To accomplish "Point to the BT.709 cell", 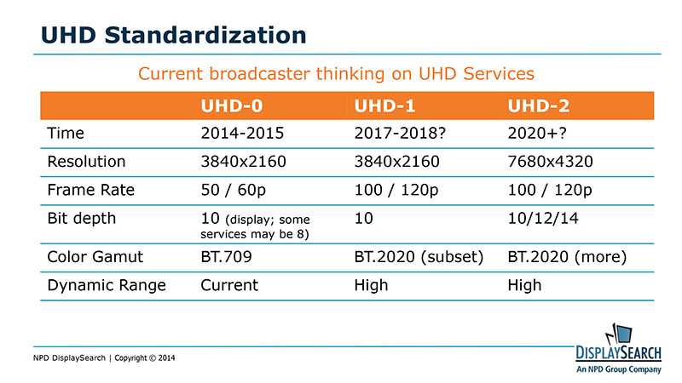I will pos(230,256).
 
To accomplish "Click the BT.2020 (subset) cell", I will pos(419,256).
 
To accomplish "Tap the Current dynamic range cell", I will pos(229,285).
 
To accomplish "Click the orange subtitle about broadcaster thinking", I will pos(336,74).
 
